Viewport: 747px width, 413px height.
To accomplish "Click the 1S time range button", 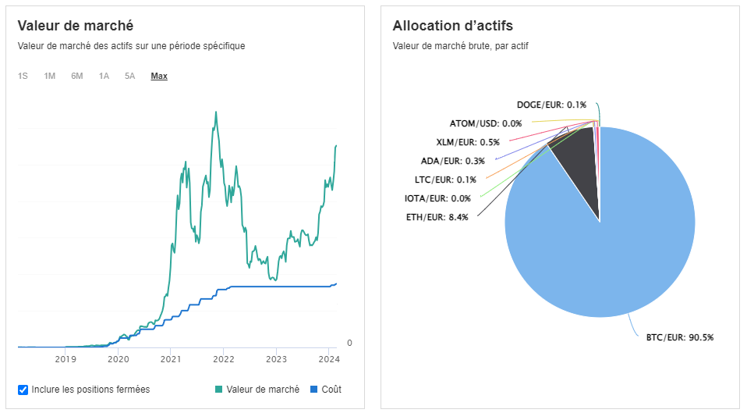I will tap(23, 76).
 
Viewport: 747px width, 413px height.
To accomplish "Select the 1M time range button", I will tap(50, 76).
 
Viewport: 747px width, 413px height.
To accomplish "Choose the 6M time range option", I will tap(77, 76).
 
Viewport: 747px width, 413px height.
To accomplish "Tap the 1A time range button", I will tap(104, 76).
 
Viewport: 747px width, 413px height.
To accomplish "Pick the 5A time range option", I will tap(129, 76).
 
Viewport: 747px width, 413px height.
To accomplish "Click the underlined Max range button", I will tap(159, 76).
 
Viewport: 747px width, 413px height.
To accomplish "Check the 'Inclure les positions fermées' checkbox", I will tap(23, 389).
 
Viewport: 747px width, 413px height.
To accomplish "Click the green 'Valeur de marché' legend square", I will tap(218, 389).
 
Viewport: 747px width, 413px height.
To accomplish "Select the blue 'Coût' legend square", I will tap(314, 389).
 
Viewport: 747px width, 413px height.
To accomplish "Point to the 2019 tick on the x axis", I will tap(65, 359).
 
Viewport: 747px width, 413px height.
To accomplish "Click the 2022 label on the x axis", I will tap(224, 359).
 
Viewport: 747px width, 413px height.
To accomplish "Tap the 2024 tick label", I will tap(329, 359).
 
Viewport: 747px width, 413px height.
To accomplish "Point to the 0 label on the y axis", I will tap(349, 343).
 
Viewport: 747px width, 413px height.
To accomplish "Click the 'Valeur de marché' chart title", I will tap(76, 25).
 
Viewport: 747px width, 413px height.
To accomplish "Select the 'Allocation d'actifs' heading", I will tap(452, 25).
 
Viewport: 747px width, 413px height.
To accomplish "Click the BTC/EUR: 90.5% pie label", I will tap(679, 337).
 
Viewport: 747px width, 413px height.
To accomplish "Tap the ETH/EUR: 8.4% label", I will tap(437, 217).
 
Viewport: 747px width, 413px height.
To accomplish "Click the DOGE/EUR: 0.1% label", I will tap(551, 104).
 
